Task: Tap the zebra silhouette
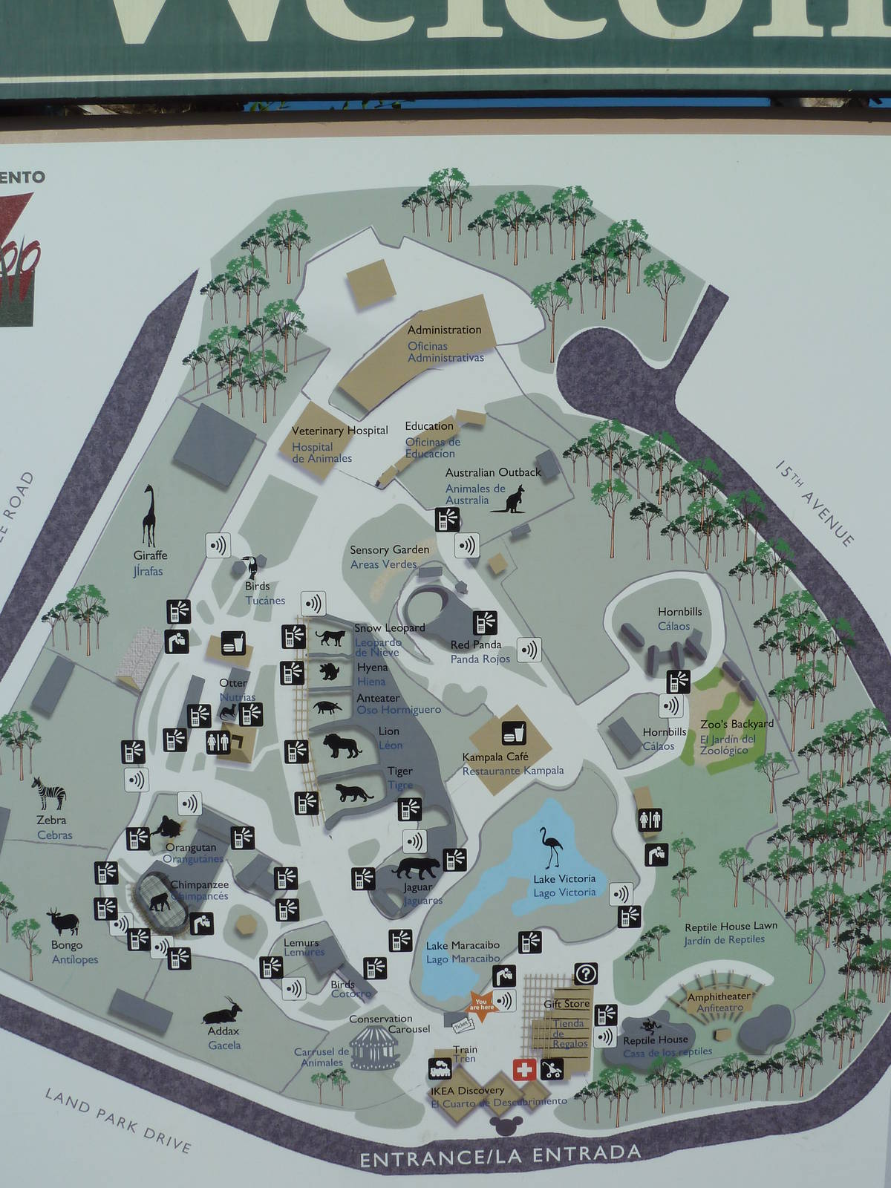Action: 48,794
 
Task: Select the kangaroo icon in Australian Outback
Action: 512,499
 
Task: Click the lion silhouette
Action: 343,745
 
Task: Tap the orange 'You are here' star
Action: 481,1005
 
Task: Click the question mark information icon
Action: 586,973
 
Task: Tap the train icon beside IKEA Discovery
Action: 440,1070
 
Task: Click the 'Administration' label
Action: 444,330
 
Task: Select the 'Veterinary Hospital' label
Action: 339,431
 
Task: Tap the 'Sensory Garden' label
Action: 390,549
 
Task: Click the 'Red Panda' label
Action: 476,644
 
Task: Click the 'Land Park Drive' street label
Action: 118,1120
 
